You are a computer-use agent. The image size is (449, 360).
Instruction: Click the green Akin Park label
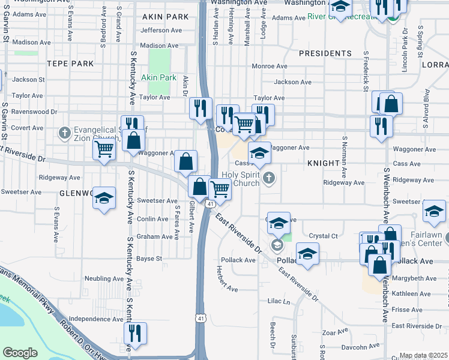pyautogui.click(x=158, y=77)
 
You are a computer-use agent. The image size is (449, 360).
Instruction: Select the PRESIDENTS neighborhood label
pyautogui.click(x=325, y=53)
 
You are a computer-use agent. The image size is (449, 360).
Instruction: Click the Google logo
pyautogui.click(x=20, y=353)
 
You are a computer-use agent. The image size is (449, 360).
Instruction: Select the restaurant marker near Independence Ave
pyautogui.click(x=135, y=332)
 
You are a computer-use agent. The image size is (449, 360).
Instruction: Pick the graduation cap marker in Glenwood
pyautogui.click(x=104, y=198)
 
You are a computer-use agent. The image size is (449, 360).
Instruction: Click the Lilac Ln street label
pyautogui.click(x=279, y=301)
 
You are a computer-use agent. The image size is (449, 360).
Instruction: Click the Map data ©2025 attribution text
pyautogui.click(x=423, y=356)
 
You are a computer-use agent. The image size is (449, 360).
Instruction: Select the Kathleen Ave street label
pyautogui.click(x=414, y=294)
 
